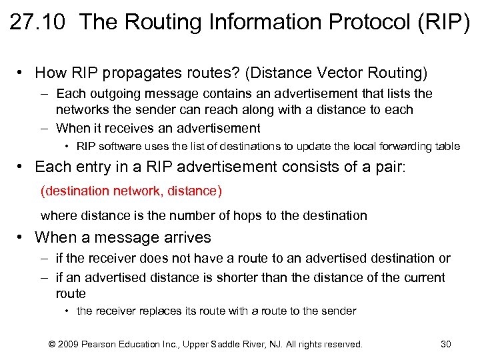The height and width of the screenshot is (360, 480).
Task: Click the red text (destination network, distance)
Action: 131,191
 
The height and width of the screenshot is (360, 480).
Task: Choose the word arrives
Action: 187,237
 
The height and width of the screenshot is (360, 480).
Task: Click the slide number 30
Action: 446,344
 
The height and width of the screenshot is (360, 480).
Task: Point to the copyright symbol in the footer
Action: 51,344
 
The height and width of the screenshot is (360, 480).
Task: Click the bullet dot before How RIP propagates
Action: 22,72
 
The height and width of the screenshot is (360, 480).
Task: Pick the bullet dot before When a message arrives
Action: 22,237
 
